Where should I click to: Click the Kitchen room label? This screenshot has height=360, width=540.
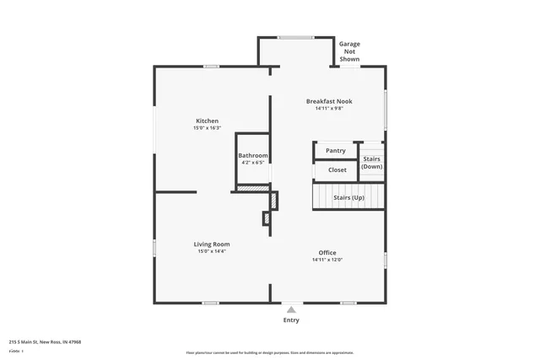pyautogui.click(x=207, y=121)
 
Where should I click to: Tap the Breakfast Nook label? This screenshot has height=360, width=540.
pyautogui.click(x=329, y=101)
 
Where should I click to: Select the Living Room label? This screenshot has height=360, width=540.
pyautogui.click(x=213, y=244)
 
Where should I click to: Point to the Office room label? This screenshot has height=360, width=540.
pyautogui.click(x=327, y=253)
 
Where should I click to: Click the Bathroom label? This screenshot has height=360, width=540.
pyautogui.click(x=253, y=155)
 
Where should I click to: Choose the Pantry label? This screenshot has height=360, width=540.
pyautogui.click(x=336, y=151)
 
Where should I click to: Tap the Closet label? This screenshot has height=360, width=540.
pyautogui.click(x=337, y=170)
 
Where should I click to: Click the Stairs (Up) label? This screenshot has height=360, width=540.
pyautogui.click(x=348, y=197)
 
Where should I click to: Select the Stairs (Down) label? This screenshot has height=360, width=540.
pyautogui.click(x=372, y=163)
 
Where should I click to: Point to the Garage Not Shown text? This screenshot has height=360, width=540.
pyautogui.click(x=349, y=51)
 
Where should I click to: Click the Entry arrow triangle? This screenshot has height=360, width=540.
pyautogui.click(x=291, y=309)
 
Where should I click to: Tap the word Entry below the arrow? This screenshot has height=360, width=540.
pyautogui.click(x=291, y=320)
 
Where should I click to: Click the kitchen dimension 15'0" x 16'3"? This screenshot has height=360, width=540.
pyautogui.click(x=207, y=128)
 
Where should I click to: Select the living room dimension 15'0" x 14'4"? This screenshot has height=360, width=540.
pyautogui.click(x=212, y=251)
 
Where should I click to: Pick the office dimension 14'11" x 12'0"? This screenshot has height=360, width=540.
pyautogui.click(x=327, y=261)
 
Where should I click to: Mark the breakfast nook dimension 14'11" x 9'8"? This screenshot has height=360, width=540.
pyautogui.click(x=329, y=109)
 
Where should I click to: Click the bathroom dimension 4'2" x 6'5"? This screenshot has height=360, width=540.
pyautogui.click(x=253, y=163)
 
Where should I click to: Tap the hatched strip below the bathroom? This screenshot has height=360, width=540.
pyautogui.click(x=251, y=188)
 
